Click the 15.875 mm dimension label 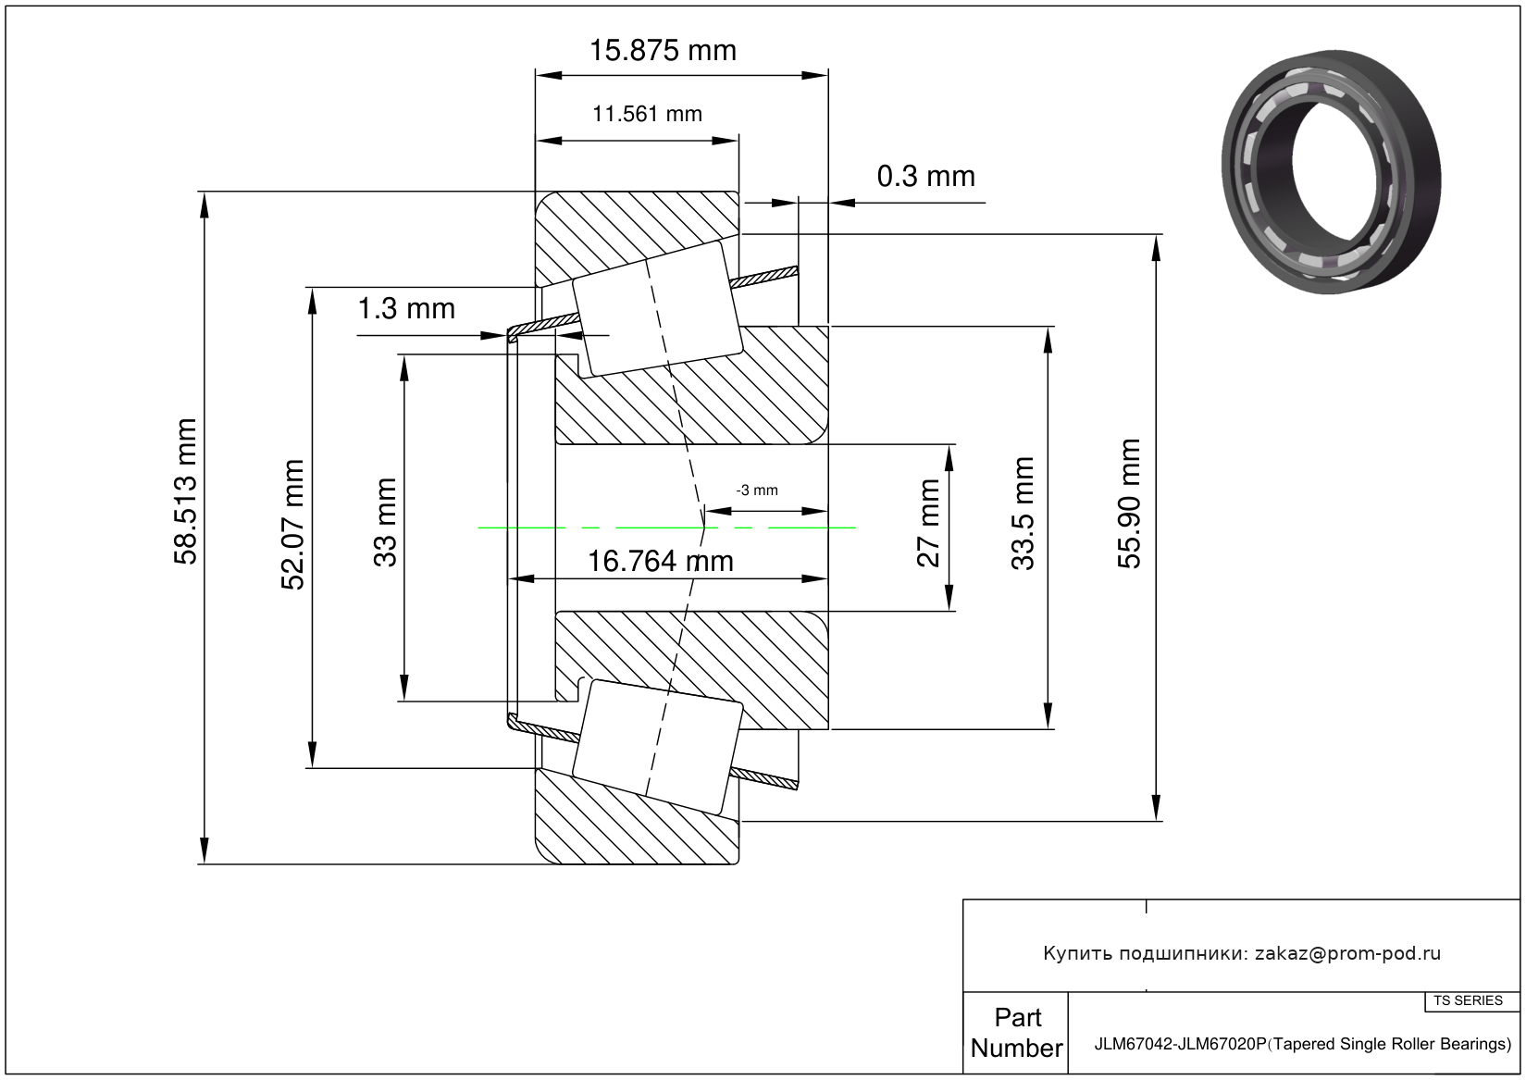coord(663,50)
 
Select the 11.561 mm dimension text coord(647,114)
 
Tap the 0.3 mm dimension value coord(925,176)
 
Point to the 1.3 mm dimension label coord(406,308)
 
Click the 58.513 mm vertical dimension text coord(186,491)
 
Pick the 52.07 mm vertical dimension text coord(293,525)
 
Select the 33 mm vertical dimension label coord(385,522)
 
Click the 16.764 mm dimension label coord(661,561)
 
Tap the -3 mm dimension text coord(756,490)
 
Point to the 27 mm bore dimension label coord(928,522)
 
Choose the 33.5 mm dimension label coord(1023,513)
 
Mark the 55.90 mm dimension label coord(1130,503)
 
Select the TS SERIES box coord(1468,1000)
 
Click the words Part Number coord(1016,1033)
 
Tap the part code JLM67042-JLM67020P coord(1180,1044)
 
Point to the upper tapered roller coord(657,309)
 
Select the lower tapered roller coord(657,747)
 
